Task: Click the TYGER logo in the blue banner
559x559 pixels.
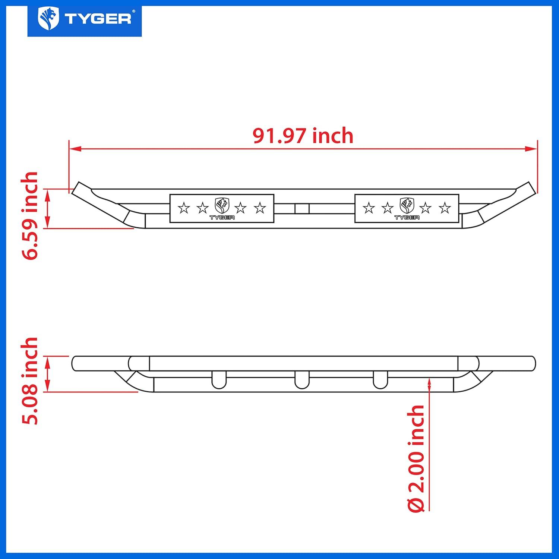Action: [x=85, y=19]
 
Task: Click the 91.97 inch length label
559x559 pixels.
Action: [x=303, y=136]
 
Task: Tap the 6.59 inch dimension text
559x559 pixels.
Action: [x=30, y=216]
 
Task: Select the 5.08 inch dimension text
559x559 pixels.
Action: [x=30, y=380]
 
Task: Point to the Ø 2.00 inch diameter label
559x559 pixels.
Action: [x=416, y=458]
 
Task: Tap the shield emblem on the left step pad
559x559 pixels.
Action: [x=222, y=205]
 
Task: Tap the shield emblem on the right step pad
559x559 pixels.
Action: [x=407, y=205]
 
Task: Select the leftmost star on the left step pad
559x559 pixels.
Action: [x=184, y=208]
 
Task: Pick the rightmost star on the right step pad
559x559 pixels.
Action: [x=445, y=208]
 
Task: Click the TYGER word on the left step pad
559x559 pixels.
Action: [x=222, y=218]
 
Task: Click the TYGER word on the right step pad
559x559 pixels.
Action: [x=407, y=218]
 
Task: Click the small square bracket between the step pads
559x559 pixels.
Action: [x=302, y=209]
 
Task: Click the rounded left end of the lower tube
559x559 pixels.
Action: [x=76, y=363]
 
